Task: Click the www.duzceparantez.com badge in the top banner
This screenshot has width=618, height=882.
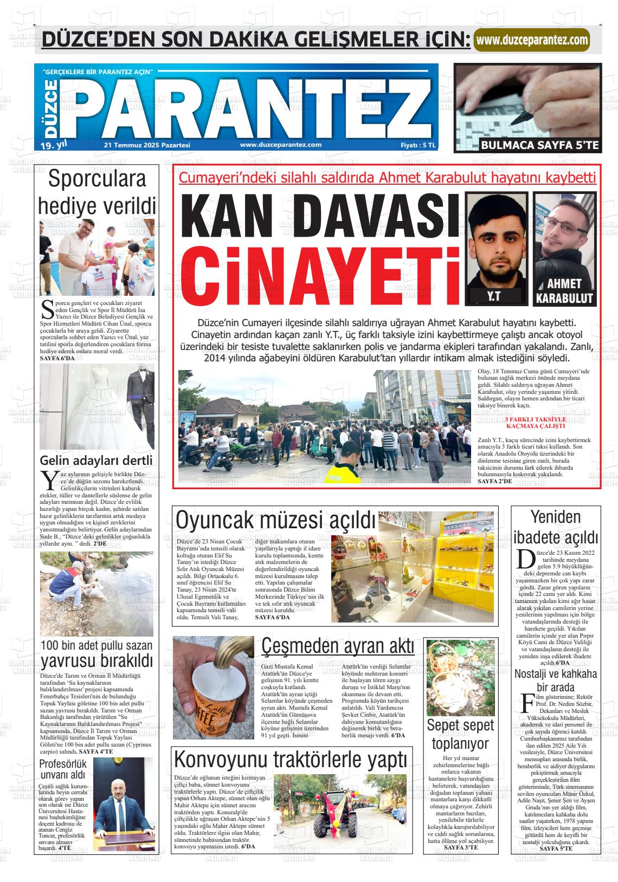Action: (x=531, y=40)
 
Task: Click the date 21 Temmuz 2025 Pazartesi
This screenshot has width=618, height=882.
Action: (x=147, y=145)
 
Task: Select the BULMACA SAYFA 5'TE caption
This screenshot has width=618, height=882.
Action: (x=540, y=145)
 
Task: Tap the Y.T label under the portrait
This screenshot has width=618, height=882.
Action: (x=493, y=296)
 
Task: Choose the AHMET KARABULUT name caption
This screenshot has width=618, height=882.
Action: (x=564, y=291)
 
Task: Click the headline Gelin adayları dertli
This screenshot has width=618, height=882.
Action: (x=96, y=461)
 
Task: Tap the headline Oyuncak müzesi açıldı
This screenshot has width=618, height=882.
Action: (x=276, y=521)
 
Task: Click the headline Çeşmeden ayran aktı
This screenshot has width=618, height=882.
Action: (x=338, y=646)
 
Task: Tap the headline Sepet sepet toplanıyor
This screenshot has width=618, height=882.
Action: (x=460, y=734)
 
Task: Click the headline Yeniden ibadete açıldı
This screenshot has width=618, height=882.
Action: (x=556, y=527)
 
